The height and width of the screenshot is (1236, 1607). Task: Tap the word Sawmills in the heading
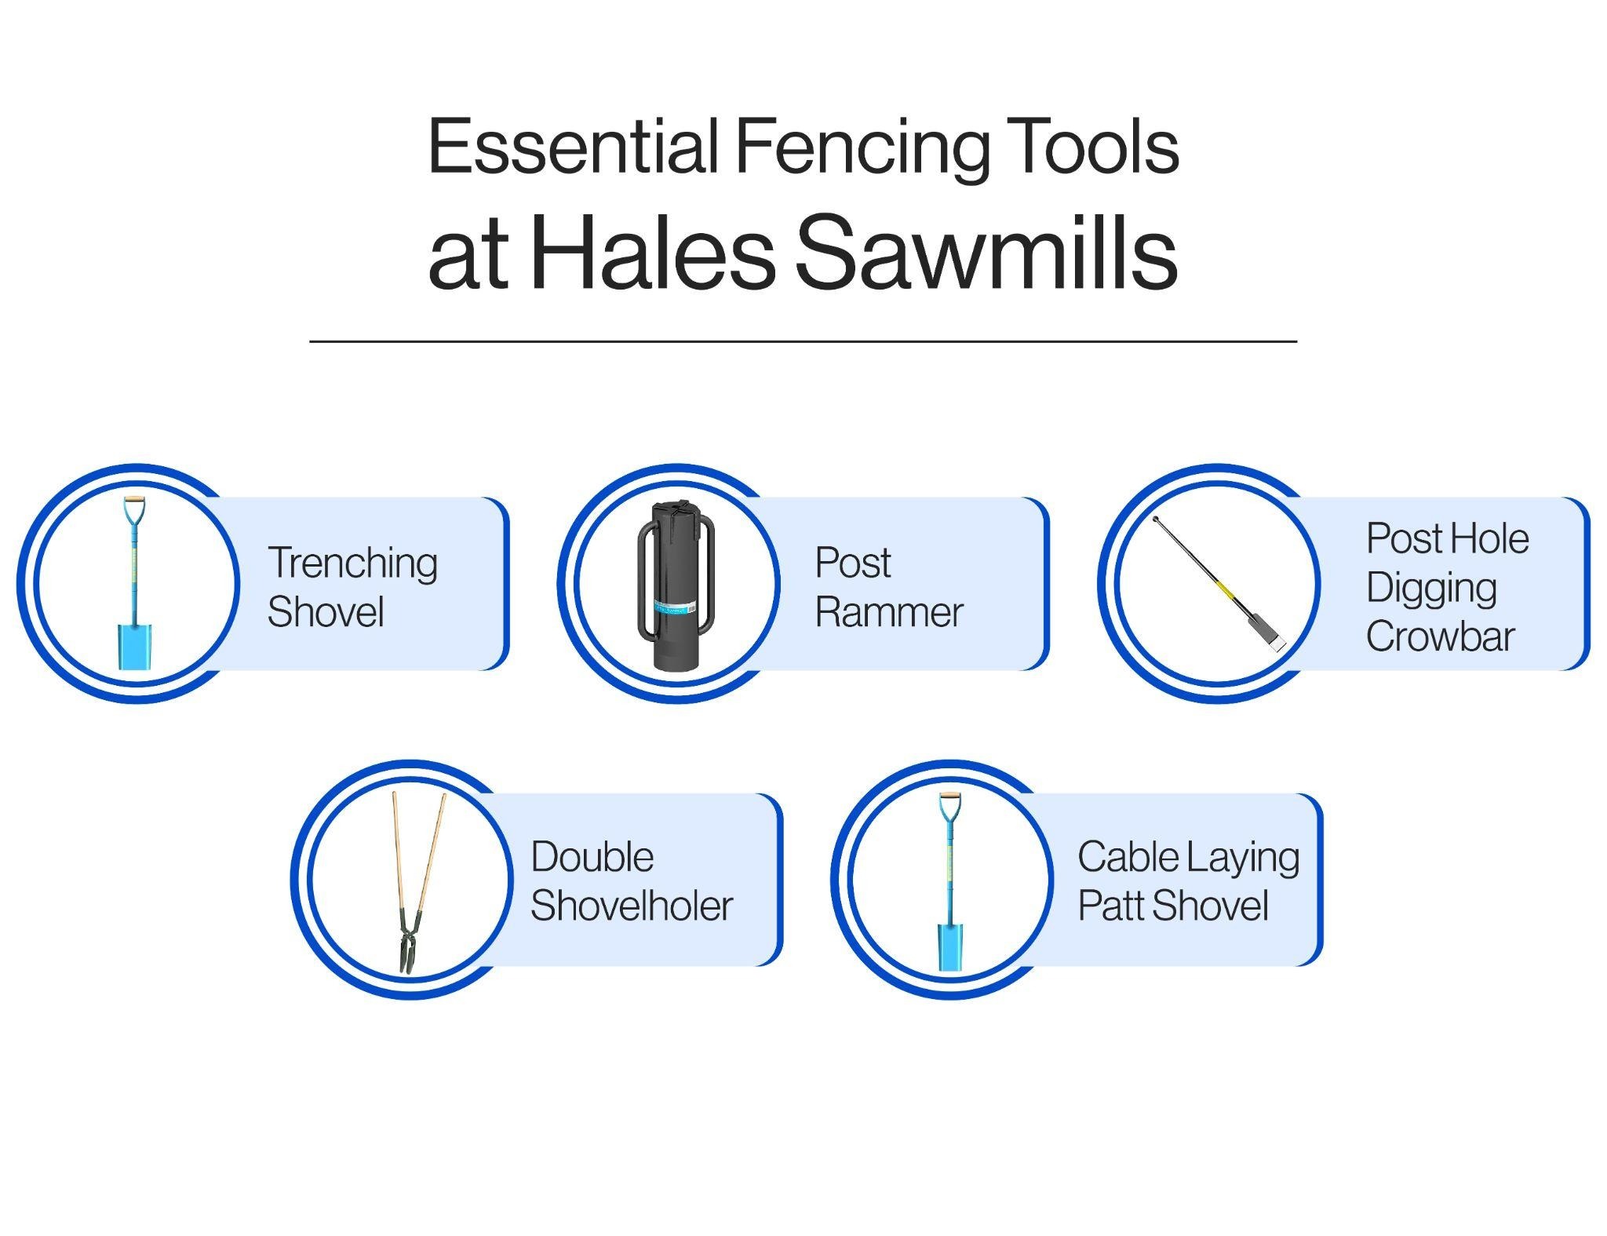[x=986, y=253]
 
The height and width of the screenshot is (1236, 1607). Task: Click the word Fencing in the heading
[x=862, y=149]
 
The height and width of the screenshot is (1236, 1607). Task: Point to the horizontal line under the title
[x=803, y=341]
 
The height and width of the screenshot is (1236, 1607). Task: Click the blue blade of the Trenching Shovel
[x=133, y=647]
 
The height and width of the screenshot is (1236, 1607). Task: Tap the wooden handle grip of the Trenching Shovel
[x=133, y=499]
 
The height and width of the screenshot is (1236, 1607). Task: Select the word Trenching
[x=352, y=565]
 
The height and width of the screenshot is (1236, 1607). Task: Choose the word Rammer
[x=889, y=613]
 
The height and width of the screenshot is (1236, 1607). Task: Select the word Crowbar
[x=1440, y=636]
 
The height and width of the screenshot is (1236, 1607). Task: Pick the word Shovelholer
[x=632, y=906]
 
